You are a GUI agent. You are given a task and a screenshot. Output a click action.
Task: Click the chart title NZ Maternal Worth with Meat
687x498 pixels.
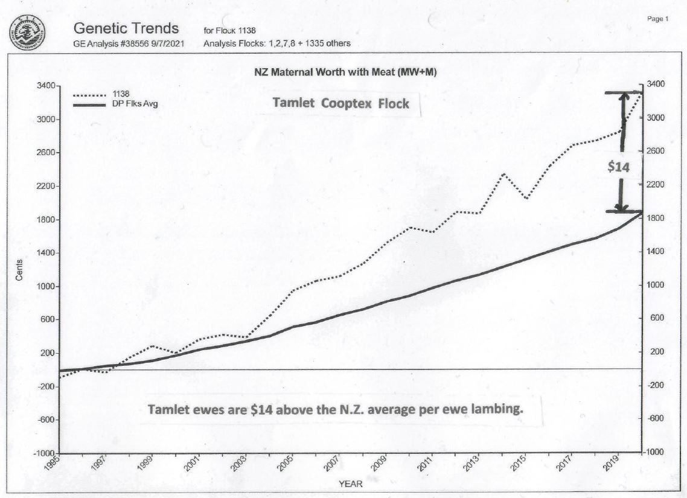346,72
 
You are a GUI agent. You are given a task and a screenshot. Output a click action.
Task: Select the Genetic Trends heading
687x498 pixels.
126,28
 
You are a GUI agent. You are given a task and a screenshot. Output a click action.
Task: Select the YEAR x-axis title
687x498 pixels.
351,484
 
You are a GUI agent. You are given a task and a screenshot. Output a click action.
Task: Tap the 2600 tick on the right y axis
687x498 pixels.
655,151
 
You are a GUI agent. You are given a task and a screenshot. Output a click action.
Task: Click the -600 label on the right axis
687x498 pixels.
655,419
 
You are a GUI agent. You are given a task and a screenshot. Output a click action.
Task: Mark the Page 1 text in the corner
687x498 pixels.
657,19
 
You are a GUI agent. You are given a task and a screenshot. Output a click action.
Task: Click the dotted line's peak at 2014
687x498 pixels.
503,174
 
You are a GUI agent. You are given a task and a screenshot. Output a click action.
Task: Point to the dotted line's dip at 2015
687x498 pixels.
527,199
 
